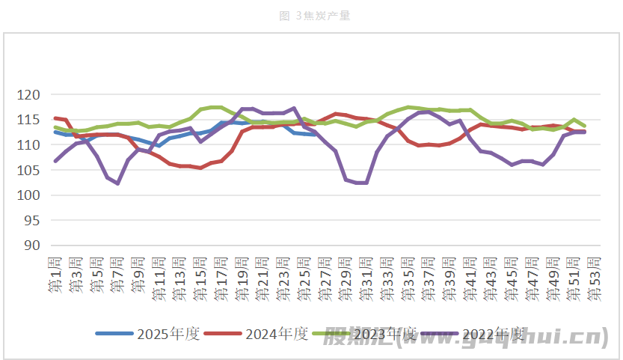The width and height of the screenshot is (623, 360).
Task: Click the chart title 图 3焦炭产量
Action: (311, 16)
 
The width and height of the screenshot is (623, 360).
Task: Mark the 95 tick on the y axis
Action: (31, 220)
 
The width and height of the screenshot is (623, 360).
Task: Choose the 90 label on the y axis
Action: (31, 245)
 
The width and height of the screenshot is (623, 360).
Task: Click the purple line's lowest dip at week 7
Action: (117, 183)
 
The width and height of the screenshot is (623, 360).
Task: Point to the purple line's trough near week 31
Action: (361, 183)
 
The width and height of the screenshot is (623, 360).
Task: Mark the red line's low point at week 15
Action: (200, 168)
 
